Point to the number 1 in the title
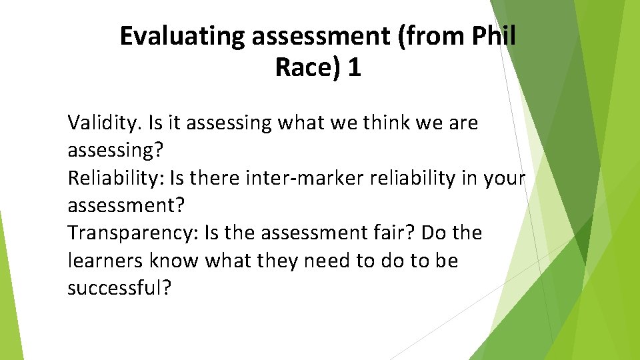(x=354, y=67)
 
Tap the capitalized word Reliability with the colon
(x=115, y=179)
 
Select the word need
(x=327, y=261)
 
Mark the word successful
(x=119, y=289)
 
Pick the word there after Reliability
(x=217, y=179)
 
